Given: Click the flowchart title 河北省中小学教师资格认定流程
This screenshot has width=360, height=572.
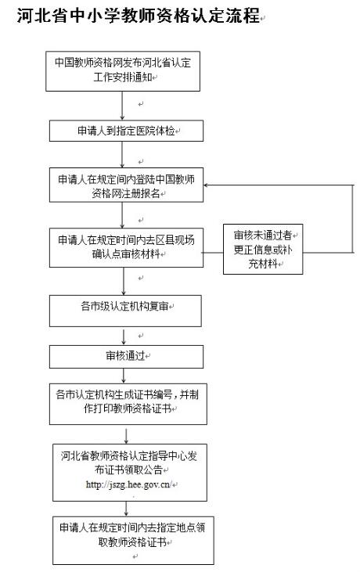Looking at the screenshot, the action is point(138,16).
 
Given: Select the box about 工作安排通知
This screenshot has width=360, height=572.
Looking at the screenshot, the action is point(123,71).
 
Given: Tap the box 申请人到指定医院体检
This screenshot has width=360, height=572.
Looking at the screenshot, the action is point(126,131).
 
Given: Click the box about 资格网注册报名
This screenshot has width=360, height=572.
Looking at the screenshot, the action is point(126,185).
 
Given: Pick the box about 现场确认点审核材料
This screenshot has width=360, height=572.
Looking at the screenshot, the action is point(126,248).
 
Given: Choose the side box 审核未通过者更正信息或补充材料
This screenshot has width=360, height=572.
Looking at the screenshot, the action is point(263,249).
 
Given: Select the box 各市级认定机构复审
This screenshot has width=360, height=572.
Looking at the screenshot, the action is point(125,311).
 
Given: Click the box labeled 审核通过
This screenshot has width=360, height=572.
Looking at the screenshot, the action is point(126,356).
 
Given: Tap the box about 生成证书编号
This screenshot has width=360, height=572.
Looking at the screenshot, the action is point(128,404).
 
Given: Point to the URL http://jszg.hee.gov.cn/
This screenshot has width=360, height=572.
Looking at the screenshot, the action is point(128,484).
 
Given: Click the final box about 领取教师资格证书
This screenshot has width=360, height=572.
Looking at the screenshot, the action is point(133,540).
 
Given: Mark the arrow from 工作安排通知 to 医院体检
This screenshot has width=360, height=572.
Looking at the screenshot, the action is point(122,106).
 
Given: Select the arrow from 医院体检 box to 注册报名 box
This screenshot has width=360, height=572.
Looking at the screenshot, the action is point(122,154).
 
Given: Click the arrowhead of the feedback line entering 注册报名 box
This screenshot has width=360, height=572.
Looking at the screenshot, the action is point(206,185).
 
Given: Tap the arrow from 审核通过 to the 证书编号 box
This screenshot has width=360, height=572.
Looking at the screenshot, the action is point(124,376).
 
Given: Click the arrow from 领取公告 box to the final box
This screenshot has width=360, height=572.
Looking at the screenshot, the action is point(126,509).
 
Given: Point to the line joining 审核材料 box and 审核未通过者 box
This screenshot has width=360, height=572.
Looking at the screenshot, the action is point(213,253).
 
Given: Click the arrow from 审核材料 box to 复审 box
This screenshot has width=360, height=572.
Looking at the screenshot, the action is point(124,281).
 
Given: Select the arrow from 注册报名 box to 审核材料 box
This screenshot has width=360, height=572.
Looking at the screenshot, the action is point(122,215).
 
